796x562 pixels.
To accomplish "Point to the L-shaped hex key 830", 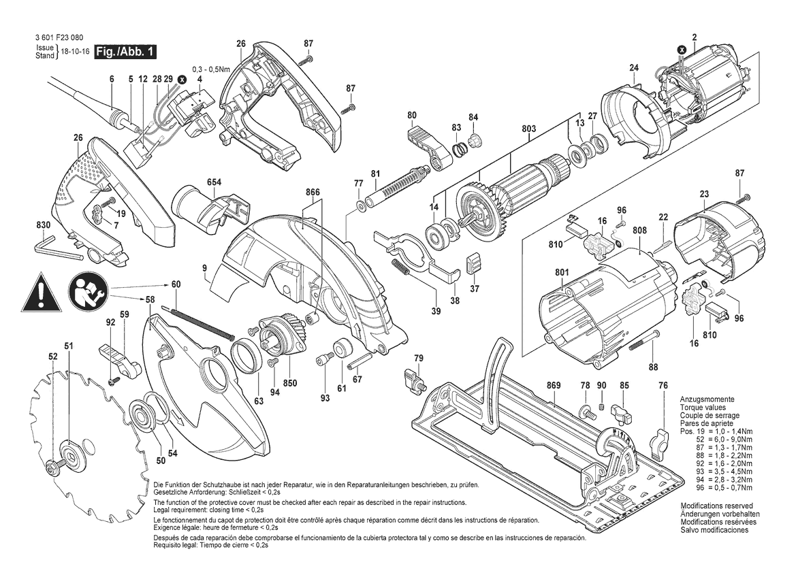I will point(57,246).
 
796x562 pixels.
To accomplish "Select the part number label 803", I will point(529,129).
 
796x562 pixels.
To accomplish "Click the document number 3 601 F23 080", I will point(59,38).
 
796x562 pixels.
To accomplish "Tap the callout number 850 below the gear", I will point(290,383).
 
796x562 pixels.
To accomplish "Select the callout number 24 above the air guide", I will point(634,68).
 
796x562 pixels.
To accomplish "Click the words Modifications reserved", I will point(716,506).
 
